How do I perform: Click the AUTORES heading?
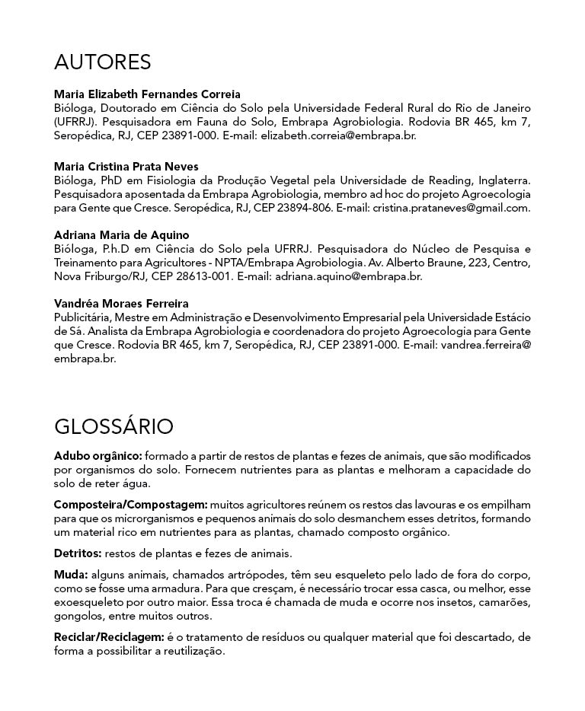[x=102, y=62]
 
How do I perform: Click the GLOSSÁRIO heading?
[x=113, y=426]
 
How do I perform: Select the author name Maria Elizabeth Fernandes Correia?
[x=147, y=94]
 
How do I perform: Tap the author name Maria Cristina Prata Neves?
[x=126, y=166]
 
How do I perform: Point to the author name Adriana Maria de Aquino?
[x=121, y=235]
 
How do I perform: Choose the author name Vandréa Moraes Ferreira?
[x=121, y=304]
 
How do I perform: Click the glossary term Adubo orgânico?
[x=97, y=456]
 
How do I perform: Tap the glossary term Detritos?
[x=77, y=553]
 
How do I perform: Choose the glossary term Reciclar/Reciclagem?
[x=109, y=636]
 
